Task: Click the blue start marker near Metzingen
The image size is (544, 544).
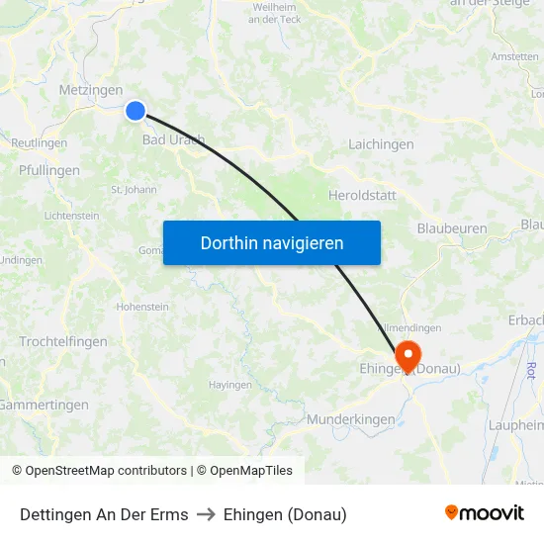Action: tap(136, 112)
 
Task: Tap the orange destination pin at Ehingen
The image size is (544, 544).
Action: tap(407, 354)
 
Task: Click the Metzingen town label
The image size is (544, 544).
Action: tap(91, 90)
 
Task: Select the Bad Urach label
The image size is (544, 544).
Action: tap(173, 139)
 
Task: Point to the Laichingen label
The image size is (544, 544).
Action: tap(381, 144)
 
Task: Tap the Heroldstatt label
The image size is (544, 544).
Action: tap(362, 195)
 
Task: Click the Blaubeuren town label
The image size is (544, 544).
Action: tap(451, 228)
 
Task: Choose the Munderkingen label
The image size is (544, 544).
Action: tap(350, 419)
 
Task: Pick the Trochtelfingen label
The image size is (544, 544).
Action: tap(63, 341)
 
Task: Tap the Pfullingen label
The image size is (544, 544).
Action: tap(49, 170)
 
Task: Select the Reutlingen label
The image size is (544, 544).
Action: tap(39, 143)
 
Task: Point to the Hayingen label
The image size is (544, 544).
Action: tap(229, 384)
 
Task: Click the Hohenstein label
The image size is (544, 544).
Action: tap(142, 307)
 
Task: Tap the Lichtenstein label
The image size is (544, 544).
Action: tap(71, 216)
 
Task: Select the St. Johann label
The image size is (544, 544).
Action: tap(134, 189)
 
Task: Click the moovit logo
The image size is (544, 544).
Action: tap(485, 512)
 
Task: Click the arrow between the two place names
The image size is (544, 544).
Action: tap(206, 514)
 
